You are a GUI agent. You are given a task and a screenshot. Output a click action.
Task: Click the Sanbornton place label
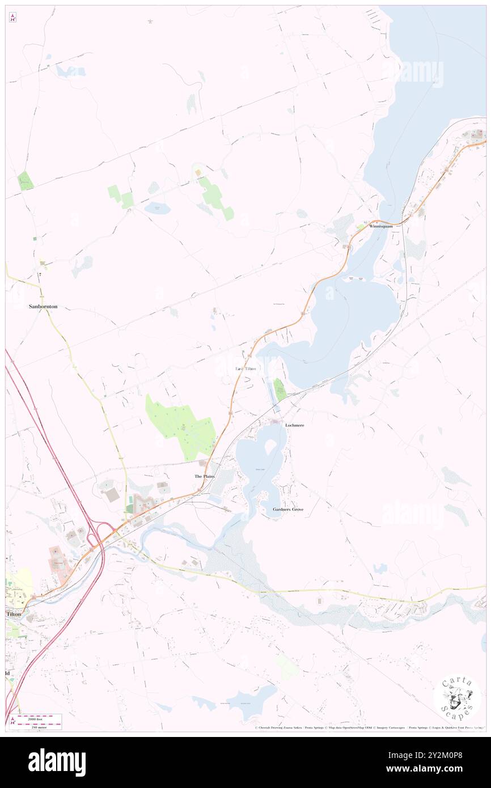click(43, 306)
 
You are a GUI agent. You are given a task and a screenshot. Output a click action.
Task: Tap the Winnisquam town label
click(380, 226)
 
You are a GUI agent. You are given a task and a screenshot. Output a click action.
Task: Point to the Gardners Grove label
click(288, 509)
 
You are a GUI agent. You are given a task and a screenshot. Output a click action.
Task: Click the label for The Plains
click(205, 476)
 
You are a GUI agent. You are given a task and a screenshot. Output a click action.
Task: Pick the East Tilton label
click(246, 368)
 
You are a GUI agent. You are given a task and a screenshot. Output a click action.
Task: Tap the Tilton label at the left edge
click(13, 614)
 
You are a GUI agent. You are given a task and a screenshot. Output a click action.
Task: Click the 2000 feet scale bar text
click(37, 718)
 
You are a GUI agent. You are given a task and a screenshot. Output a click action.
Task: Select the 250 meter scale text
click(37, 725)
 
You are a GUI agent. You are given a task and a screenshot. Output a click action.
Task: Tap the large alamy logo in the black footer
click(57, 762)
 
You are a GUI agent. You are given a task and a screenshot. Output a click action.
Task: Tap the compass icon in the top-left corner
click(12, 18)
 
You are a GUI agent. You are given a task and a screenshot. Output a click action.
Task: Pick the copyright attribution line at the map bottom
click(369, 728)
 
